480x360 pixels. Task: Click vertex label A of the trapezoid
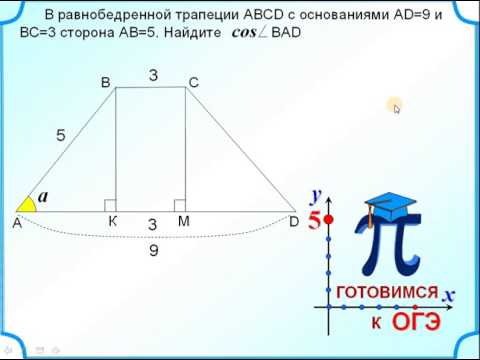(17, 225)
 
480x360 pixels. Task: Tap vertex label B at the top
(105, 84)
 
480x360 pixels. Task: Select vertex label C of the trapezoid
(194, 84)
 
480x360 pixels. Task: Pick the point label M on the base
(184, 222)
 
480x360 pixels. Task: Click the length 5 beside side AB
(61, 135)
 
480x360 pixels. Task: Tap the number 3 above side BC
(154, 74)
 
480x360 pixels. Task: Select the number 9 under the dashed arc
(153, 251)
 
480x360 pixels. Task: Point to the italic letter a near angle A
(44, 196)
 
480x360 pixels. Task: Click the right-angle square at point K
(111, 205)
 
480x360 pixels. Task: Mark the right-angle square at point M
(180, 205)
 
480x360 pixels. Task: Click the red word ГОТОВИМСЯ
(387, 292)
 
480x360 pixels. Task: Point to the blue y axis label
(315, 195)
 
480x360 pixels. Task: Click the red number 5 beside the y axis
(314, 221)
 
